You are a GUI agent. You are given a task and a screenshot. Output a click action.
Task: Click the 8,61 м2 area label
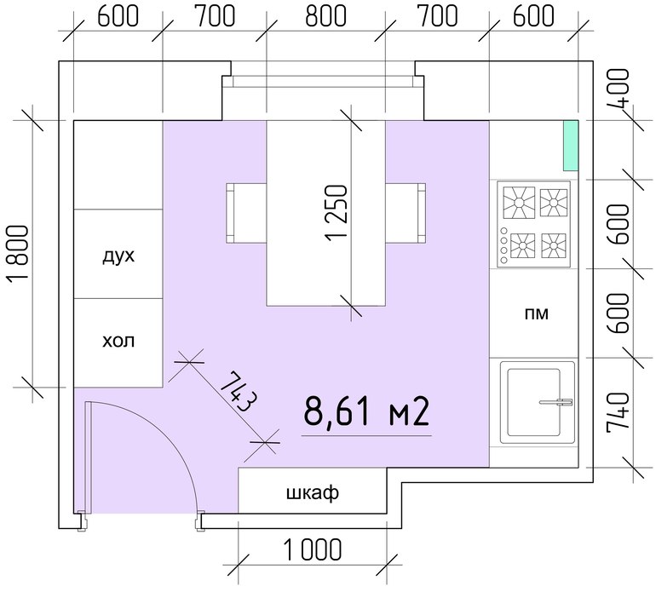(366, 411)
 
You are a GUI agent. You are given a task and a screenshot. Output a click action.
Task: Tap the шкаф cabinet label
(313, 492)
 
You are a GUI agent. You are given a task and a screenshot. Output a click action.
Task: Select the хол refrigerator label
(118, 341)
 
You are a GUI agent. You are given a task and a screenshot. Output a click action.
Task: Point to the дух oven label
(118, 256)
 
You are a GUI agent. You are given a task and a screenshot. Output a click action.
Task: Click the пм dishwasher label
(537, 313)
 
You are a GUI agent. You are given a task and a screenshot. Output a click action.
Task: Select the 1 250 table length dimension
(336, 213)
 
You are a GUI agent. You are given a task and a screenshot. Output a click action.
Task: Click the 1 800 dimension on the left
(18, 254)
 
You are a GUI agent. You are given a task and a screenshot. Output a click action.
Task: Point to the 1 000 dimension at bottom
(312, 549)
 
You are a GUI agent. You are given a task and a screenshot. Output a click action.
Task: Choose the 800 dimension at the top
(326, 16)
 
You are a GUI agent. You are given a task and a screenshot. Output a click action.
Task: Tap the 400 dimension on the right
(618, 89)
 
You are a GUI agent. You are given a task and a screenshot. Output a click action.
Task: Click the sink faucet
(556, 403)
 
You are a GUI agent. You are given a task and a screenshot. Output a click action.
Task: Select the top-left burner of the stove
(519, 203)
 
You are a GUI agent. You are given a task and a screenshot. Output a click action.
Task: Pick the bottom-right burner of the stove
(554, 245)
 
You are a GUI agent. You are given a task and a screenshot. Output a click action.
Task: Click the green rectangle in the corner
(571, 146)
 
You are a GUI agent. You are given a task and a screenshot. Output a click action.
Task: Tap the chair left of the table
(246, 213)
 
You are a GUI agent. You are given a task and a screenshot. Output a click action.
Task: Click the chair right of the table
(406, 213)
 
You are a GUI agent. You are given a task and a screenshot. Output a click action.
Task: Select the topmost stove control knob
(504, 231)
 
